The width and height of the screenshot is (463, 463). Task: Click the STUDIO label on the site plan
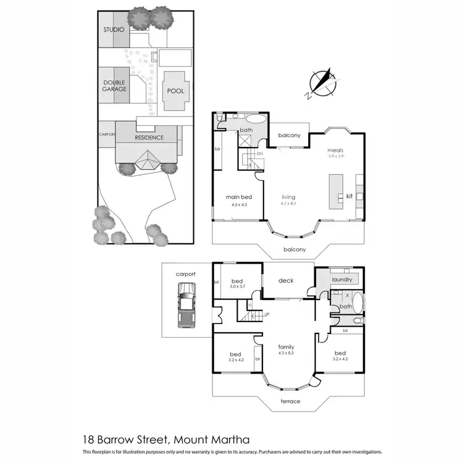[x=114, y=30]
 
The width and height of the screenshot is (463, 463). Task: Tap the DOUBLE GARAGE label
[x=114, y=85]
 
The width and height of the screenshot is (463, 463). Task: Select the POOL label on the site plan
[x=175, y=91]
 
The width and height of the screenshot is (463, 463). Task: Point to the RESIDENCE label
[x=149, y=138]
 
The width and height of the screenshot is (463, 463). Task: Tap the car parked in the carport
[x=185, y=305]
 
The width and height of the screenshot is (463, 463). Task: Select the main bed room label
[x=238, y=198]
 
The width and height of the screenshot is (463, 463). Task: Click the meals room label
[x=336, y=150]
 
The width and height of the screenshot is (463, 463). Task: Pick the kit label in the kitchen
[x=349, y=196]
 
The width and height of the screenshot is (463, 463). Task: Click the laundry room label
[x=342, y=280]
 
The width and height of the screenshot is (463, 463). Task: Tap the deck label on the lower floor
[x=286, y=281]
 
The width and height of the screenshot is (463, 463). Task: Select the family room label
[x=285, y=347]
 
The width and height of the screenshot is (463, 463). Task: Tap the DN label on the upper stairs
[x=260, y=153]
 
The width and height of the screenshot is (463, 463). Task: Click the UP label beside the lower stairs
[x=266, y=315]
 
